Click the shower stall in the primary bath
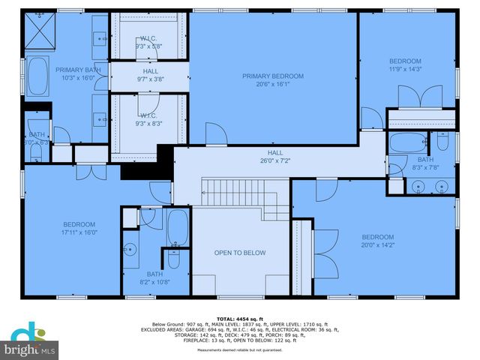pyautogui.click(x=41, y=30)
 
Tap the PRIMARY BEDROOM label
pyautogui.click(x=272, y=76)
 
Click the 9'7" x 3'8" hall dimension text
pyautogui.click(x=150, y=79)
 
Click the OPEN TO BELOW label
pyautogui.click(x=240, y=253)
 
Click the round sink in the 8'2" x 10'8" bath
pyautogui.click(x=130, y=250)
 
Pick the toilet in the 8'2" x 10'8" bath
pyautogui.click(x=173, y=260)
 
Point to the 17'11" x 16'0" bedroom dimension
pyautogui.click(x=79, y=232)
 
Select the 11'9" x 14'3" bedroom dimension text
pyautogui.click(x=405, y=69)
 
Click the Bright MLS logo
pyautogui.click(x=30, y=342)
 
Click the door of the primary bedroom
pyautogui.click(x=216, y=135)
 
